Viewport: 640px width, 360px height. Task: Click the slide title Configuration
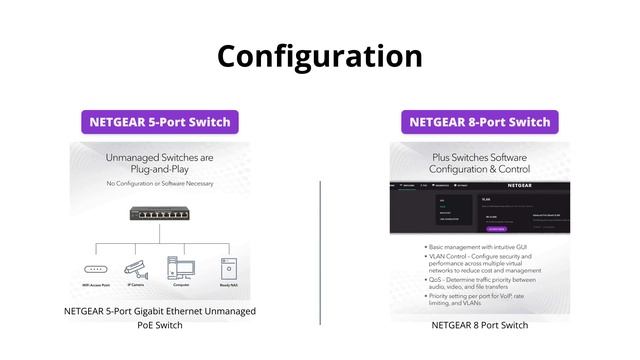[320, 55]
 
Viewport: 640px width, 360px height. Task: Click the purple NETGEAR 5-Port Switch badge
[160, 122]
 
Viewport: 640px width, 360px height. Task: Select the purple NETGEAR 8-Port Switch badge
[480, 122]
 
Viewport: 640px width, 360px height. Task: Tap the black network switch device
[160, 214]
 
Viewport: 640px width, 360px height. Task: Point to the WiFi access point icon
[96, 269]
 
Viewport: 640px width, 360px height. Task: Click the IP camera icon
[136, 268]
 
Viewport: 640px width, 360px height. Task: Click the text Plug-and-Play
[160, 171]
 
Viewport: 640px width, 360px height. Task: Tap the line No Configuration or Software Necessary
[160, 185]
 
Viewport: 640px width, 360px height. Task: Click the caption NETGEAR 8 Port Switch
[480, 325]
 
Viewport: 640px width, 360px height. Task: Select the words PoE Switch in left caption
[160, 325]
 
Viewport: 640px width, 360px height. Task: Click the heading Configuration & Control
[480, 170]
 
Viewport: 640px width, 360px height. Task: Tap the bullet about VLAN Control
[485, 262]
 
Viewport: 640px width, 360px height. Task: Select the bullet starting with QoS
[485, 285]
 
